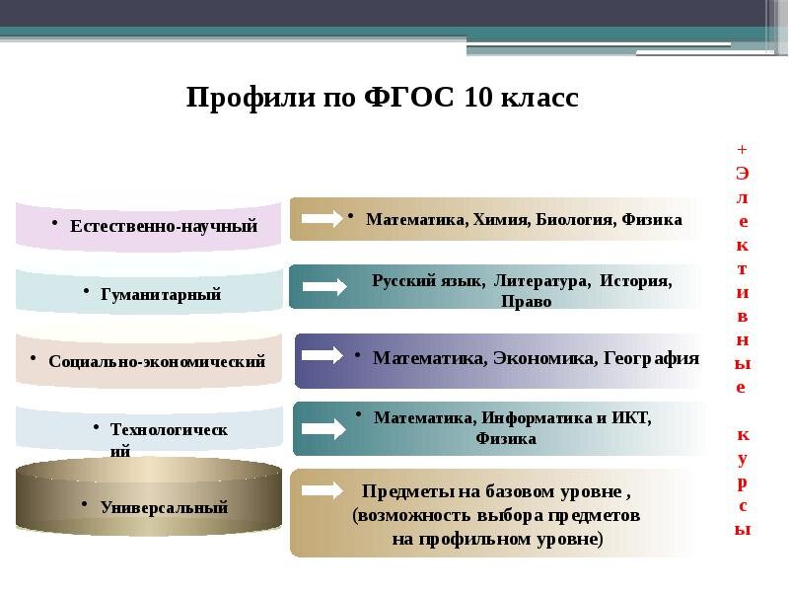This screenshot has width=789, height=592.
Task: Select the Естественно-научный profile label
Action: click(x=164, y=226)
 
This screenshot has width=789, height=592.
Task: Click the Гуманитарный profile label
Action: click(x=161, y=294)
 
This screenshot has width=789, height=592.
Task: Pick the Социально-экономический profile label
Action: click(x=158, y=361)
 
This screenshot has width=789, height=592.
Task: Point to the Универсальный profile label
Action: click(x=164, y=507)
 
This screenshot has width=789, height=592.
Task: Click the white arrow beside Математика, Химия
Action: click(x=323, y=218)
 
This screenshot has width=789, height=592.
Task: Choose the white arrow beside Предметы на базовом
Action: click(x=323, y=490)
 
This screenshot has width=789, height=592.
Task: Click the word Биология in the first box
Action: click(x=577, y=219)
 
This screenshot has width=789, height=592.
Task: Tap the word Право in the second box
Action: click(x=526, y=302)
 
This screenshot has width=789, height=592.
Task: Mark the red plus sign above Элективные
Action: click(x=742, y=148)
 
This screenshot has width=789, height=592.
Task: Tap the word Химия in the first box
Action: click(x=501, y=219)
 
